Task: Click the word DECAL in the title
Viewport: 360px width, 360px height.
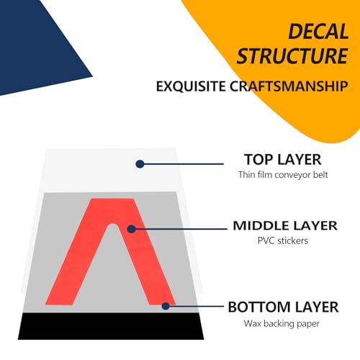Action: coord(318,31)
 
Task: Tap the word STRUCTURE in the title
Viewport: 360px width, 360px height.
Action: coord(292,56)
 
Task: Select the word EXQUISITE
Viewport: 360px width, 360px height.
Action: coord(191,86)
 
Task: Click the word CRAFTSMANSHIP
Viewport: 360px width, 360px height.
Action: coord(289,86)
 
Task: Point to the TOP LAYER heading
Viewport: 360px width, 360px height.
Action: coord(283,160)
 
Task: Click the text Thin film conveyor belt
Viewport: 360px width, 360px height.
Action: coord(283,175)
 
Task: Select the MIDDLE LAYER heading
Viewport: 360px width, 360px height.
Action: coord(285,226)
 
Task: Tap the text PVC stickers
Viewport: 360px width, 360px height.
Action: coord(283,240)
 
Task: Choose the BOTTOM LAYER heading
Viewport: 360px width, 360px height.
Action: coord(283,307)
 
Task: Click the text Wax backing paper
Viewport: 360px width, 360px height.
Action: coord(282,323)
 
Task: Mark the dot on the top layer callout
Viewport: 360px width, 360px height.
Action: coord(140,164)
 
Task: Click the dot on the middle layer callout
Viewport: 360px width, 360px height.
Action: coord(131,229)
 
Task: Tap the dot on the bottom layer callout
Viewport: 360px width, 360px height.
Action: coord(166,306)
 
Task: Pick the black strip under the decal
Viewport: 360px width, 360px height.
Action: coord(111,326)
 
